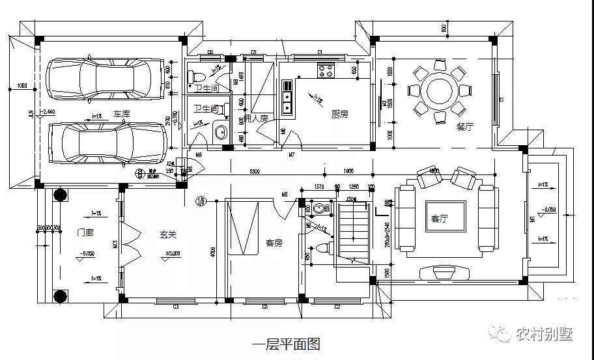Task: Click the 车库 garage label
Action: click(121, 114)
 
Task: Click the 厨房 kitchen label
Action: click(339, 114)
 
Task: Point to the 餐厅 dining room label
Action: click(464, 127)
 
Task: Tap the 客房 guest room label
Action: click(274, 242)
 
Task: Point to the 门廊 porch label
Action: click(85, 232)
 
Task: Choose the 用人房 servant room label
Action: click(256, 118)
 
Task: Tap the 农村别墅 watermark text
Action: click(544, 334)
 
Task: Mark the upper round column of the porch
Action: click(60, 195)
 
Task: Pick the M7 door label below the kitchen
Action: click(292, 154)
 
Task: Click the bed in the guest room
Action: click(242, 228)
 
